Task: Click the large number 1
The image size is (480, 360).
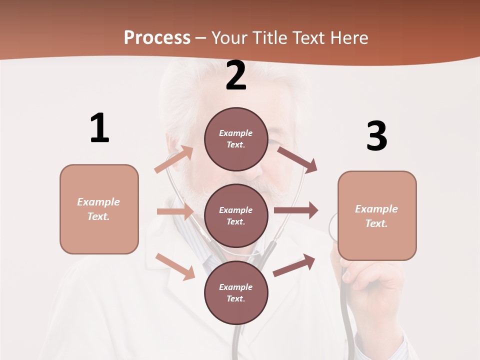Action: tap(99, 128)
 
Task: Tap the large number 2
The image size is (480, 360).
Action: tap(236, 76)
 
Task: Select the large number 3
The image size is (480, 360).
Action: tap(376, 136)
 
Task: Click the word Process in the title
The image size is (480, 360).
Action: tap(157, 37)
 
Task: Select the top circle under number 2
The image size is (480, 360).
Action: tap(236, 139)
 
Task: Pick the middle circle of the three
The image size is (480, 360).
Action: tap(236, 215)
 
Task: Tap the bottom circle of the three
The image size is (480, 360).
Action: tap(236, 292)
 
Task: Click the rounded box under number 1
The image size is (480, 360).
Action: tap(99, 209)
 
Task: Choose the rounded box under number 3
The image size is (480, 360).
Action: tap(377, 216)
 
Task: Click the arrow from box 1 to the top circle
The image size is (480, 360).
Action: tap(174, 159)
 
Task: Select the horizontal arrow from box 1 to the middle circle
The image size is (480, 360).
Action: tap(175, 211)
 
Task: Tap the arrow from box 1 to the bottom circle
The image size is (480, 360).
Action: tap(175, 266)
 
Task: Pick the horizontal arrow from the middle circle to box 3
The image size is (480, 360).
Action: tap(296, 210)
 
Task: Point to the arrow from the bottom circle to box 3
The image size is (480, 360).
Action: tap(294, 265)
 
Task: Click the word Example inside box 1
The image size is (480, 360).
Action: tap(98, 202)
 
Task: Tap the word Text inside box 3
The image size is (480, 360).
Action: tap(376, 223)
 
